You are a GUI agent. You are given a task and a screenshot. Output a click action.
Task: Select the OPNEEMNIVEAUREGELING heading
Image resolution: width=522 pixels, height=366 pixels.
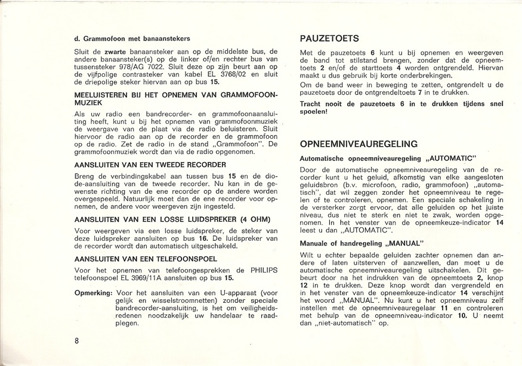click(x=360, y=144)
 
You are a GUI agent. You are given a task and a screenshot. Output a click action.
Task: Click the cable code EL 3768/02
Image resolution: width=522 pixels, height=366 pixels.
click(x=226, y=76)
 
